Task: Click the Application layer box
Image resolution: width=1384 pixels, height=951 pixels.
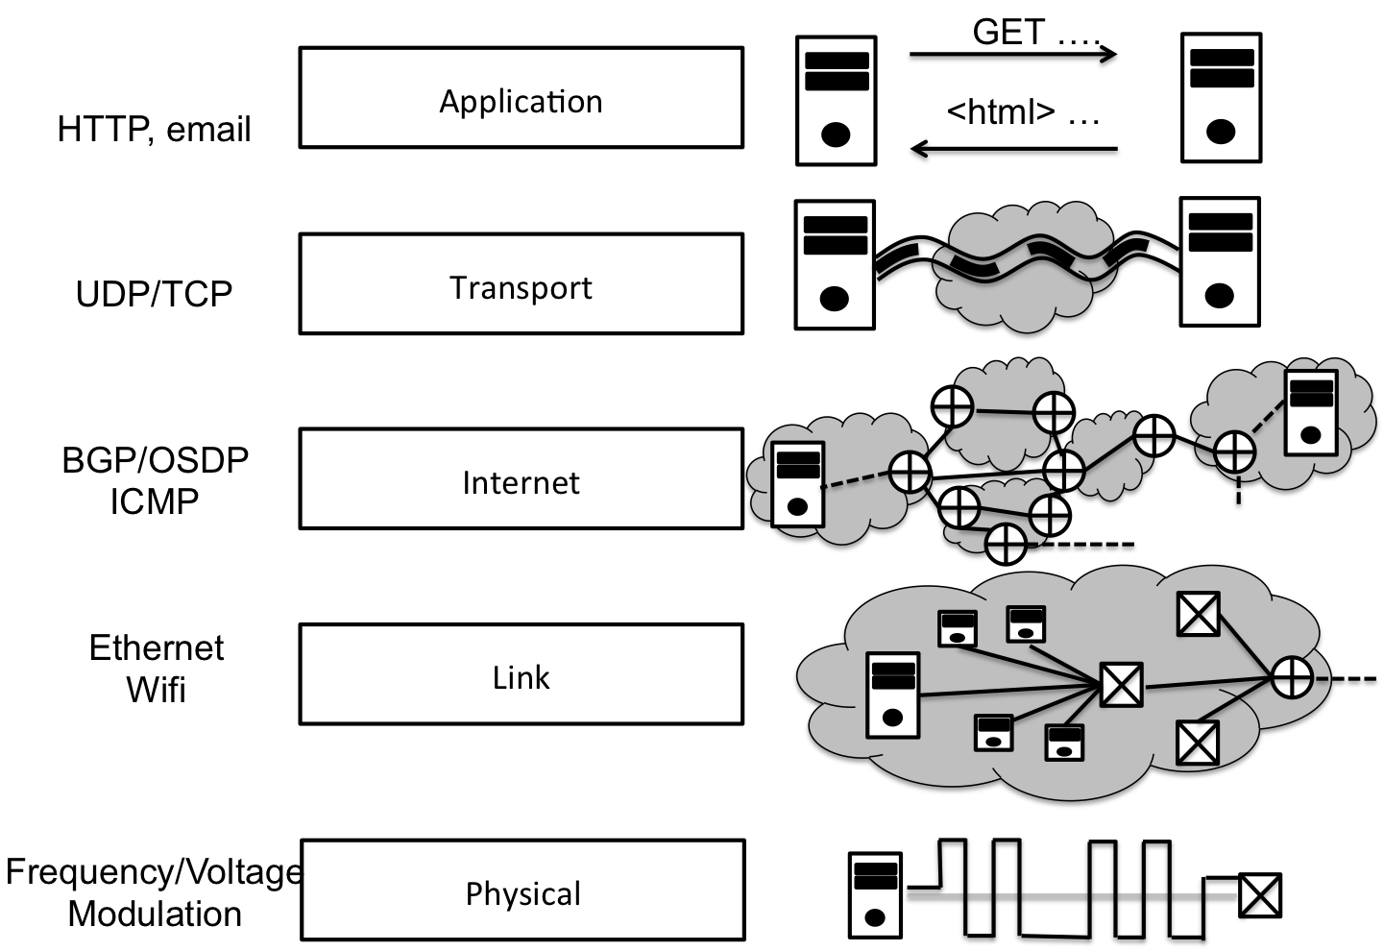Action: click(521, 98)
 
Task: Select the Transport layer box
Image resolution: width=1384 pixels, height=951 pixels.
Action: click(521, 284)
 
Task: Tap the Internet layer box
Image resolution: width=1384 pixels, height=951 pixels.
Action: click(521, 478)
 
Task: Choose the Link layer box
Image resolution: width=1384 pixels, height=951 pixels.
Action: click(521, 674)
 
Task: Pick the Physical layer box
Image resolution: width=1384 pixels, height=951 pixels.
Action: click(522, 890)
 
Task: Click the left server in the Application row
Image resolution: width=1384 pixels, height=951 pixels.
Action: click(836, 101)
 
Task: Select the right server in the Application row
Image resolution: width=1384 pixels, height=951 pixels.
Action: click(1221, 98)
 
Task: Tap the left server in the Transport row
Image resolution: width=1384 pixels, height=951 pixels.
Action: click(835, 265)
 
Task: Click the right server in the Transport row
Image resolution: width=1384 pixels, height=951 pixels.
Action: click(1220, 262)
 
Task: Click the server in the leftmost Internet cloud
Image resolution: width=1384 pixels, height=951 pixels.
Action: click(797, 483)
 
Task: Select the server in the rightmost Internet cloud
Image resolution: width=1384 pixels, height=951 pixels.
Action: click(1311, 412)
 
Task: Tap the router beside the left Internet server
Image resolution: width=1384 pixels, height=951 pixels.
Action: click(908, 472)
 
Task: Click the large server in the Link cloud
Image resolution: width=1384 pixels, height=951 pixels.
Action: click(892, 695)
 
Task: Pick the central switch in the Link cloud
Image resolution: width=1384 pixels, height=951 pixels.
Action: click(1120, 685)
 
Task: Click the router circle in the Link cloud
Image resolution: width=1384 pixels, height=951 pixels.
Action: click(1292, 677)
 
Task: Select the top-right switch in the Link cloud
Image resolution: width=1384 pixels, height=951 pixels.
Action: click(1198, 613)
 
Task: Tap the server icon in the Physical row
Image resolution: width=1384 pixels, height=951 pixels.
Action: click(875, 895)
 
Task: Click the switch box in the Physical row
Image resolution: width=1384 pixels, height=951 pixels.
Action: click(1259, 895)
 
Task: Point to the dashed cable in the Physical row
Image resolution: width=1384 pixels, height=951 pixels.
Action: click(1071, 895)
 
